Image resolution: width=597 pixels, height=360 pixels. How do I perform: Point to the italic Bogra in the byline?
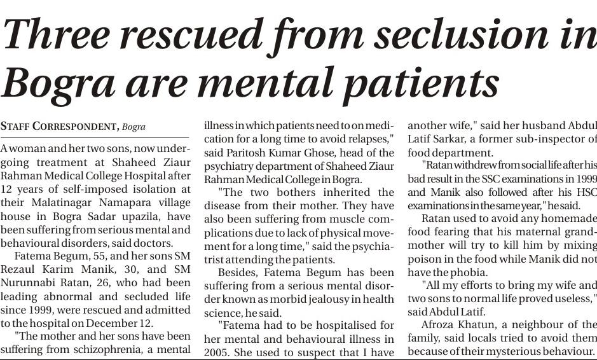[x=134, y=126]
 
